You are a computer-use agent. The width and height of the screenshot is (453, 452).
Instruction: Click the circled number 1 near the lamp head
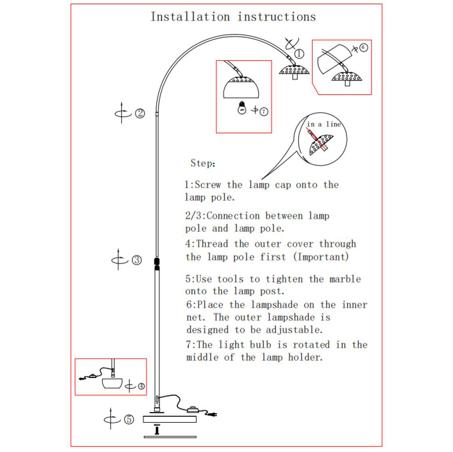coord(299,54)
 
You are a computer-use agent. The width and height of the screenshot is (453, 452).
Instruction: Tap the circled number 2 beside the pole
coord(140,113)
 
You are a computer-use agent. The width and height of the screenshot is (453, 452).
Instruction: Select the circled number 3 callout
coord(137,260)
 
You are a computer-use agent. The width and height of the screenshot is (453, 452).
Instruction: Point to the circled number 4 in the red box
coord(141,386)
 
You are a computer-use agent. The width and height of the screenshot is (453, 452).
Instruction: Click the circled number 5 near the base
coord(129,419)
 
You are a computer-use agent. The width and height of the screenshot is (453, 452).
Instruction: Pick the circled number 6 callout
coord(363,47)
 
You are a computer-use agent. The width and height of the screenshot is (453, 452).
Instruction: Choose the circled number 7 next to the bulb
coord(263,112)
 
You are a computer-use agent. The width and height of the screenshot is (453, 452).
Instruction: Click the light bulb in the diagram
coord(242,108)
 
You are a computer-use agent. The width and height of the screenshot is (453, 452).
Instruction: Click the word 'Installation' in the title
coord(190,17)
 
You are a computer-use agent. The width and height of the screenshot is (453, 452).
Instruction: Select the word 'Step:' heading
coord(203,163)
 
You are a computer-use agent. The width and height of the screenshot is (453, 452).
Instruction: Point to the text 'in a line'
coord(324,125)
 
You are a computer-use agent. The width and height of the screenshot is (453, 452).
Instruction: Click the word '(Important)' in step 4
coord(321,257)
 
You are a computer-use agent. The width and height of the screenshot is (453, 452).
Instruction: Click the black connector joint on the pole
coord(157,263)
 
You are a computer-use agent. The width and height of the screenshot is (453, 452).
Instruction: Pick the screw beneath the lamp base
coord(157,430)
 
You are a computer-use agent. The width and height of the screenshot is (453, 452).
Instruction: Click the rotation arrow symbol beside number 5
coord(111,419)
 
